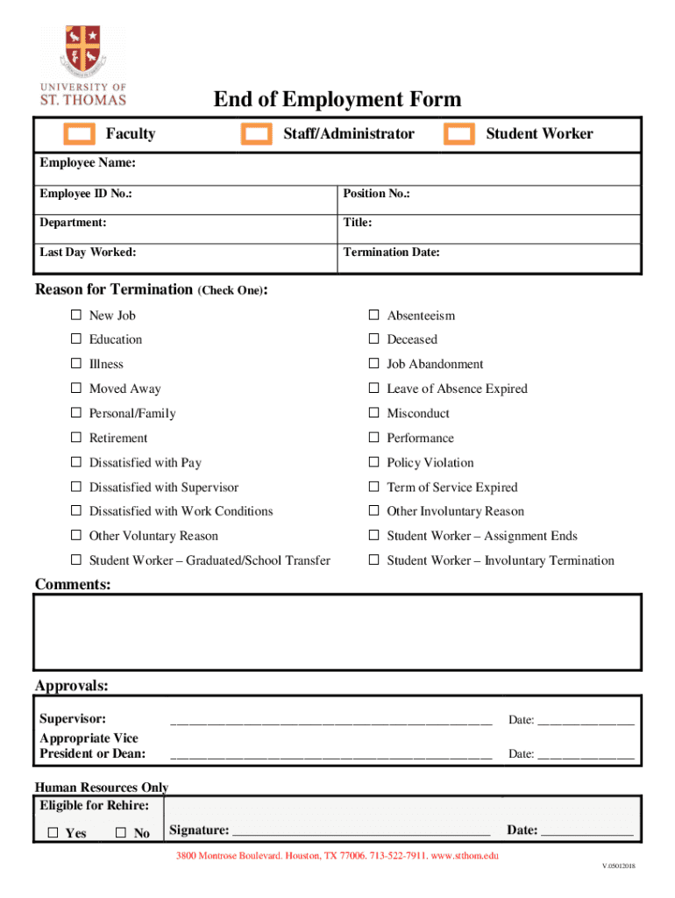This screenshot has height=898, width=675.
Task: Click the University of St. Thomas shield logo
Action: (83, 49)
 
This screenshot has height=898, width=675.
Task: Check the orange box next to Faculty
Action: (80, 133)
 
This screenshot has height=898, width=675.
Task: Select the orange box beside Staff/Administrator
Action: (257, 133)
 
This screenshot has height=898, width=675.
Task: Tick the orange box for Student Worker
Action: (459, 133)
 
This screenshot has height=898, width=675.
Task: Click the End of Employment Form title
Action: (337, 99)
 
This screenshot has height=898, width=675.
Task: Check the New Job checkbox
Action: (76, 315)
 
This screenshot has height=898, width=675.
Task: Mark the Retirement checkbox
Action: (76, 438)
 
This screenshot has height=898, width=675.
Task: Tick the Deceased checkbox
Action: (373, 339)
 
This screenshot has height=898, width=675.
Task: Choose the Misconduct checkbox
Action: (373, 413)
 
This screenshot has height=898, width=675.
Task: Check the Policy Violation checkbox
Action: (373, 462)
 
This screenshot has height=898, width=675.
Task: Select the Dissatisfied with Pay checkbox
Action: (76, 462)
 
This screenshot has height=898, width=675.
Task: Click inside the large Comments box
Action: (337, 631)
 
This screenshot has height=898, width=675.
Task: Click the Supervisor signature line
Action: (330, 721)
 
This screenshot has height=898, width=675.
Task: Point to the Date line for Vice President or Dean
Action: (585, 754)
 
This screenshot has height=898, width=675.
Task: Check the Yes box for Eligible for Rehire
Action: (53, 832)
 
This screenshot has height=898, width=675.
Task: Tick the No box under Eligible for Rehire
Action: (121, 832)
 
